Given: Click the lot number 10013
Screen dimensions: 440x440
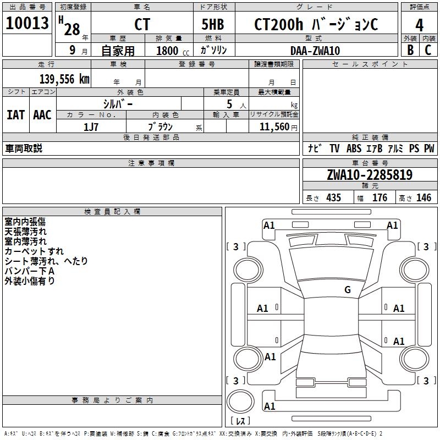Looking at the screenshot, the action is (x=27, y=23).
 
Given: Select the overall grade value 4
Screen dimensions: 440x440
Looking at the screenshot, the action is (x=419, y=25).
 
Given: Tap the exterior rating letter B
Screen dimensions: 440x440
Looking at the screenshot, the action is (x=410, y=50).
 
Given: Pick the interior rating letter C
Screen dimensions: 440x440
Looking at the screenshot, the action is (x=428, y=50).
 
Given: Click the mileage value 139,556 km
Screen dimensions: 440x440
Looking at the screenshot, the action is (x=64, y=79).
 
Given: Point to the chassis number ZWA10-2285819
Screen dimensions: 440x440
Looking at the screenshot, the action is (x=370, y=175).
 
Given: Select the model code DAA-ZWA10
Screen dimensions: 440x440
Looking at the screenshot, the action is (x=315, y=51).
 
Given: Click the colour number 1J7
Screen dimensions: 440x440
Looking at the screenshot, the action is (x=91, y=127).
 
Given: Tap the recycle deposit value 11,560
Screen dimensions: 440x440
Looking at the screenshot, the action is (x=274, y=127).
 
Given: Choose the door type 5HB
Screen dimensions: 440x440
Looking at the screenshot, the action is (x=213, y=24).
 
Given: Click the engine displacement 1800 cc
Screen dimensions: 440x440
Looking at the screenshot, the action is (x=173, y=51).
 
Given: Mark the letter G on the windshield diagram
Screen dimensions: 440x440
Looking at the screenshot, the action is (x=348, y=290).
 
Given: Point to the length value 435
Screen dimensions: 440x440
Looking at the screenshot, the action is (x=333, y=197).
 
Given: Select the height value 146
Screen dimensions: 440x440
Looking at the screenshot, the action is (x=424, y=197).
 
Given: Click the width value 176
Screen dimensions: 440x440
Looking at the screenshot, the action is (x=380, y=197).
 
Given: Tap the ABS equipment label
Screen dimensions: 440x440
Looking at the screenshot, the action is (x=354, y=148).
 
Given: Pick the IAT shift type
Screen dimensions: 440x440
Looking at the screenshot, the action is (x=16, y=115).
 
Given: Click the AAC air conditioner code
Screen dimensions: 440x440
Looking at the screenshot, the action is (x=42, y=115).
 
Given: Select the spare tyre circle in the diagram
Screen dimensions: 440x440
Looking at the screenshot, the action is (x=240, y=402).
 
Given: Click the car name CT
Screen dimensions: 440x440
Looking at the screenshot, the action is (x=142, y=24).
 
